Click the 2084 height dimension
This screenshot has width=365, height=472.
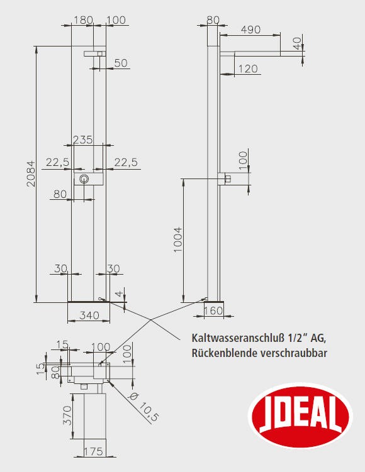(x=31, y=173)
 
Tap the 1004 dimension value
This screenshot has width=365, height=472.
(x=178, y=239)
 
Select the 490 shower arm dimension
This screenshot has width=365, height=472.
(x=250, y=30)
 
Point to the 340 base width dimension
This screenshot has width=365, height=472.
(x=89, y=315)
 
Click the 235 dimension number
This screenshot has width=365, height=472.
(x=83, y=140)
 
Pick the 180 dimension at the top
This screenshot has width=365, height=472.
(x=83, y=20)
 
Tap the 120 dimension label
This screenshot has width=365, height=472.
(x=248, y=69)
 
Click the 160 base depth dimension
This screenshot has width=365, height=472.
(x=213, y=310)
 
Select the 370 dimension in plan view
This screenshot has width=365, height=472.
(x=67, y=415)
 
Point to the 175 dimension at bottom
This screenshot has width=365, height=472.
(x=93, y=451)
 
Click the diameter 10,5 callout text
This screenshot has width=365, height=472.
(x=143, y=408)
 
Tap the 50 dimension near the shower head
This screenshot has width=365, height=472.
(x=121, y=63)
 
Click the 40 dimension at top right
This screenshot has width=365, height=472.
(x=297, y=43)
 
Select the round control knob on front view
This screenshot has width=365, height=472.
(x=84, y=179)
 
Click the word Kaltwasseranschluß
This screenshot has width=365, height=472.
(x=238, y=338)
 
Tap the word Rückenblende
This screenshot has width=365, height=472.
(x=225, y=353)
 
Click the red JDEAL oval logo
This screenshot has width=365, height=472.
(x=301, y=415)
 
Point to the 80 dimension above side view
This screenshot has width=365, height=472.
(x=213, y=20)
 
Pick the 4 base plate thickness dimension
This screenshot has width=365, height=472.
(x=120, y=294)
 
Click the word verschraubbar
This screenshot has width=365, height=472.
(x=294, y=353)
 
